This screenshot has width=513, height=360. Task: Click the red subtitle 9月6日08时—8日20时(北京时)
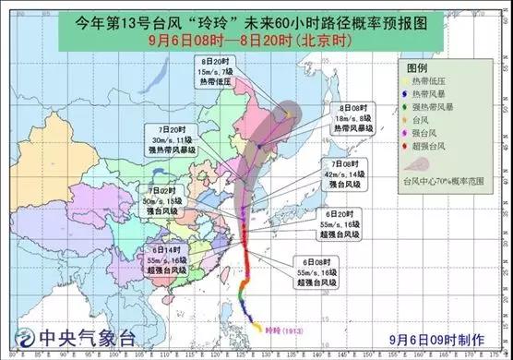pos(256,41)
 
